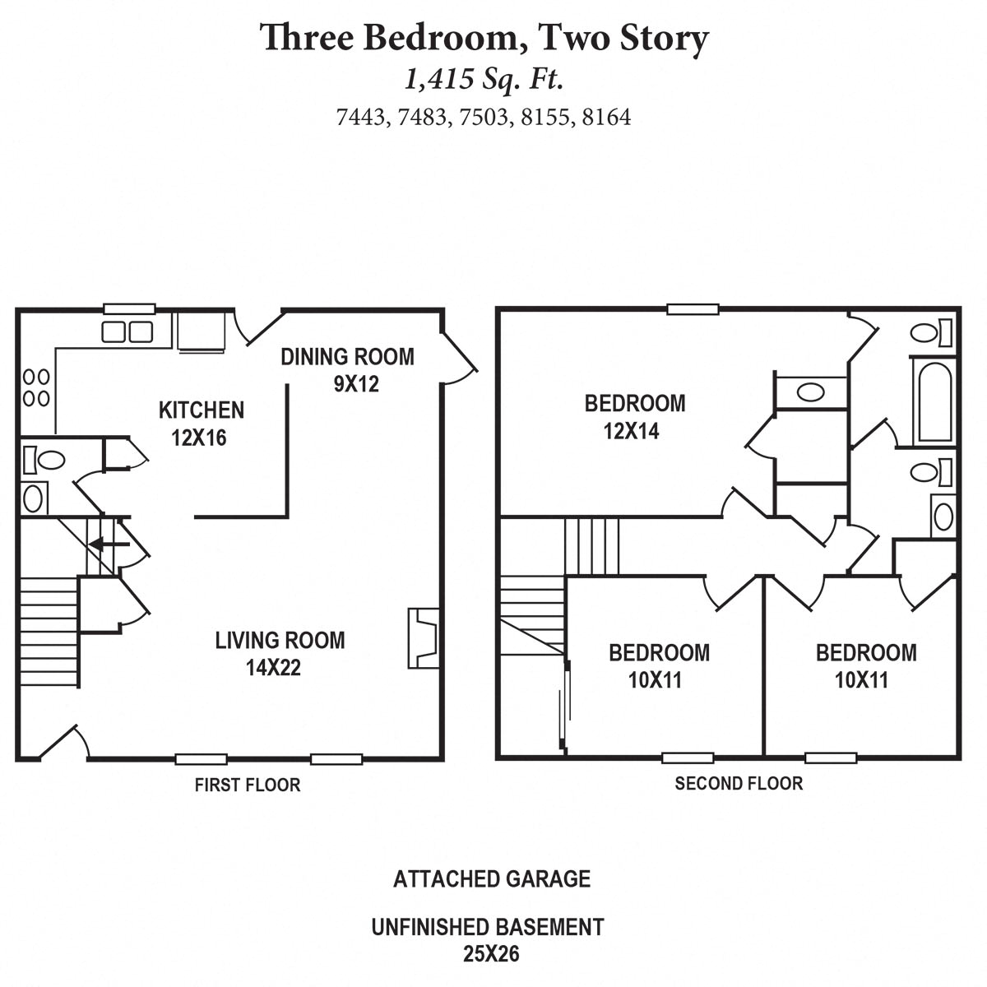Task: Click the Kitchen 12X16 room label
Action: [x=201, y=423]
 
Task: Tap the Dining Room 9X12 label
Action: [x=348, y=369]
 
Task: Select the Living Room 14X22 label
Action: [x=280, y=653]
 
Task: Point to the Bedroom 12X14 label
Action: [x=634, y=416]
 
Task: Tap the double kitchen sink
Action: [x=127, y=331]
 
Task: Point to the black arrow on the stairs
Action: [x=109, y=544]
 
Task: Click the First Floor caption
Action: [x=247, y=785]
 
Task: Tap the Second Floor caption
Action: [x=739, y=783]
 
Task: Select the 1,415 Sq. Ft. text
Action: [x=484, y=79]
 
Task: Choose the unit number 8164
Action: [x=606, y=118]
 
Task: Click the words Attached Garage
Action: [x=492, y=878]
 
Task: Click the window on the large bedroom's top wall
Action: [x=693, y=310]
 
